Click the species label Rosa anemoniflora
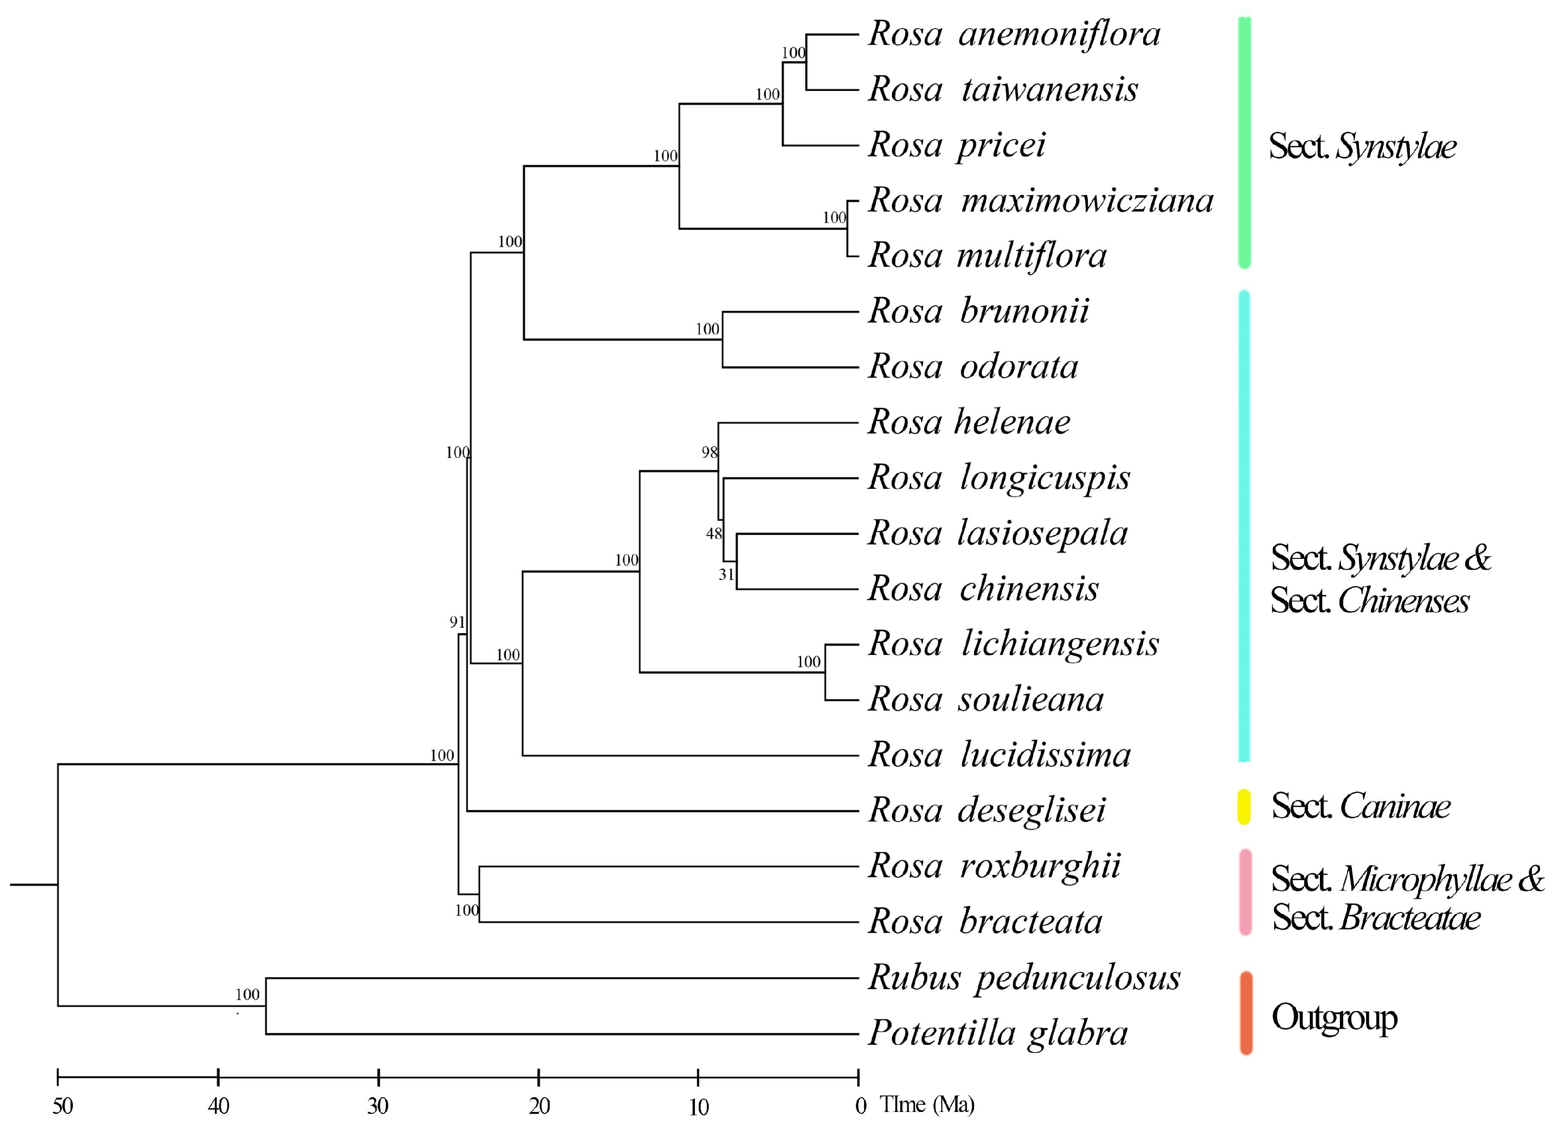coord(1014,34)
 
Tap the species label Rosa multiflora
coord(987,256)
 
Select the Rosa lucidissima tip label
coord(999,755)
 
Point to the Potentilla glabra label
coord(997,1033)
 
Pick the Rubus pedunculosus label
coord(1024,978)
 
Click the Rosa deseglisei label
coord(987,811)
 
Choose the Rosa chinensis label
coord(983,589)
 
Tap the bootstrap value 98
coord(709,452)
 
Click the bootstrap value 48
coord(714,533)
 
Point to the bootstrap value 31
coord(726,575)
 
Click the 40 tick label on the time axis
coord(219,1106)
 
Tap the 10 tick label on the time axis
coord(698,1106)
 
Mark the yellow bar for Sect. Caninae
coord(1244,807)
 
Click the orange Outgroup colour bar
coord(1246,1013)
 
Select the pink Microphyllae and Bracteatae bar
coord(1245,893)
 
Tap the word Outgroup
coord(1334,1018)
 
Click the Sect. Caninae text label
coord(1360,806)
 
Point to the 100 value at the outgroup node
coord(248,994)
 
